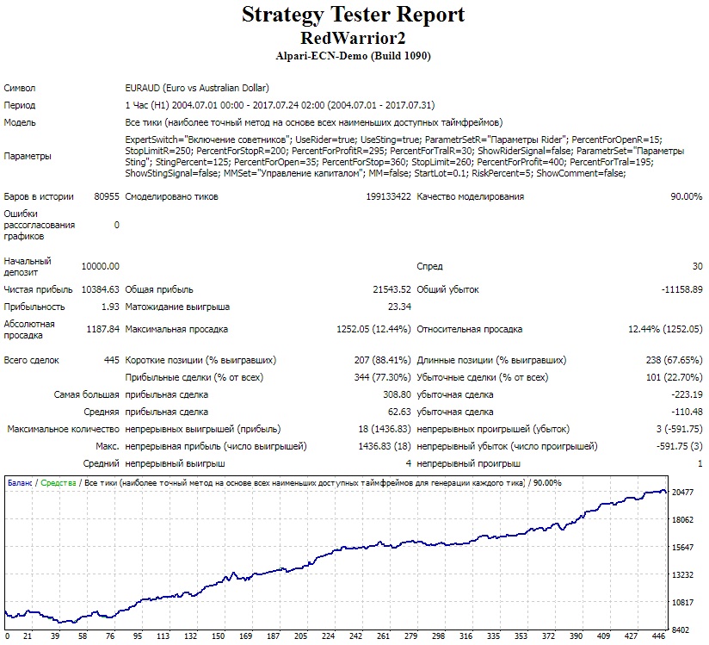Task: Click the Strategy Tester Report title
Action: point(353,15)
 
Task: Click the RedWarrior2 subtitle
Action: point(353,38)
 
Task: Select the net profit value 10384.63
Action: point(101,289)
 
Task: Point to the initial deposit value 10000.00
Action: point(101,266)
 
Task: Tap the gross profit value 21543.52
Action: point(392,289)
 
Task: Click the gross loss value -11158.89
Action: point(681,289)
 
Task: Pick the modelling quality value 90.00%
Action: point(687,196)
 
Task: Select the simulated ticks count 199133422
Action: point(388,196)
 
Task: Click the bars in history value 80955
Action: point(107,196)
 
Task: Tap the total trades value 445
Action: point(112,360)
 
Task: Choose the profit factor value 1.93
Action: point(110,307)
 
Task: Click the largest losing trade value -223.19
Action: point(687,394)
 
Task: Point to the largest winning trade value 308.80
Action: point(397,394)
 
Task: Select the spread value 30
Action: point(698,266)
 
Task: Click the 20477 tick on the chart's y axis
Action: point(682,492)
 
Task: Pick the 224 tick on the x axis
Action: point(328,636)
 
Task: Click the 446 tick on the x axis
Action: point(658,636)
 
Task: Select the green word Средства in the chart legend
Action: point(59,483)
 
